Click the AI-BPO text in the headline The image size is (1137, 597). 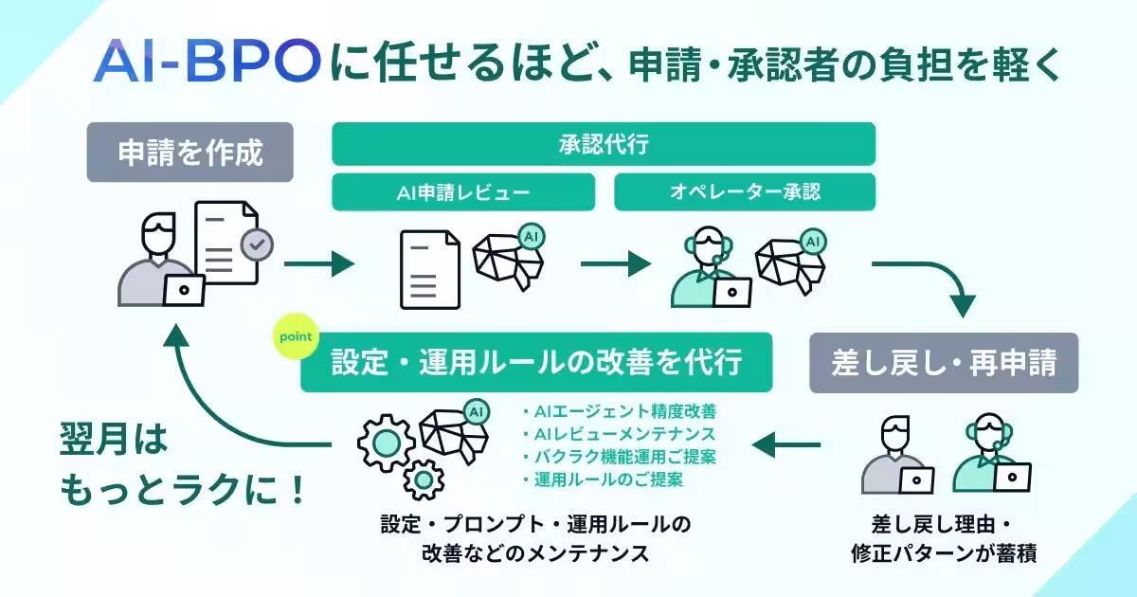[208, 63]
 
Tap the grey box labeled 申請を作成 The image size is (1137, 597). [189, 153]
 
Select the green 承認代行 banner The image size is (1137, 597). [604, 145]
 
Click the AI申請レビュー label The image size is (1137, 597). [463, 192]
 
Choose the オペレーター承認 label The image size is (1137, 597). [745, 192]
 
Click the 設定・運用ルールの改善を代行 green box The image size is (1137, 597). [536, 363]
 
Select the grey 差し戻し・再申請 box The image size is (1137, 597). [943, 363]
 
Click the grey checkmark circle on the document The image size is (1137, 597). [256, 245]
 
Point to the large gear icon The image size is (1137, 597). [386, 442]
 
